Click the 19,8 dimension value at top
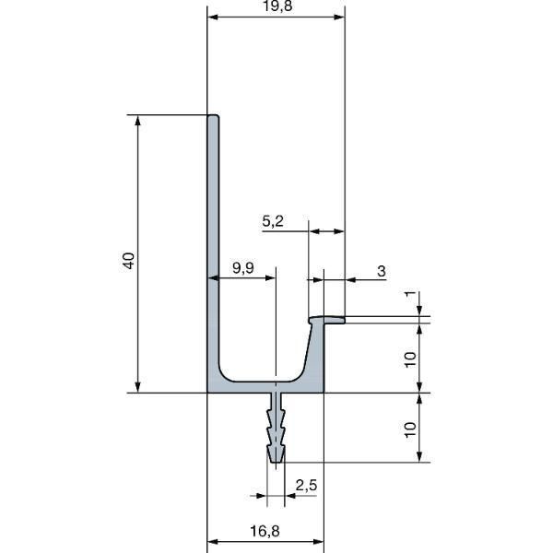[277, 6]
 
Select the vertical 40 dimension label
[129, 261]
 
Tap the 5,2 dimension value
[273, 221]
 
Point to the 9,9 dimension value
[243, 268]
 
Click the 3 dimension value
[382, 271]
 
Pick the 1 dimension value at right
[410, 294]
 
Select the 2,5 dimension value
[306, 486]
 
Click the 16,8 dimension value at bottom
[265, 531]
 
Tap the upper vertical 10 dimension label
[410, 359]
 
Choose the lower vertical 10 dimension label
[410, 429]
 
